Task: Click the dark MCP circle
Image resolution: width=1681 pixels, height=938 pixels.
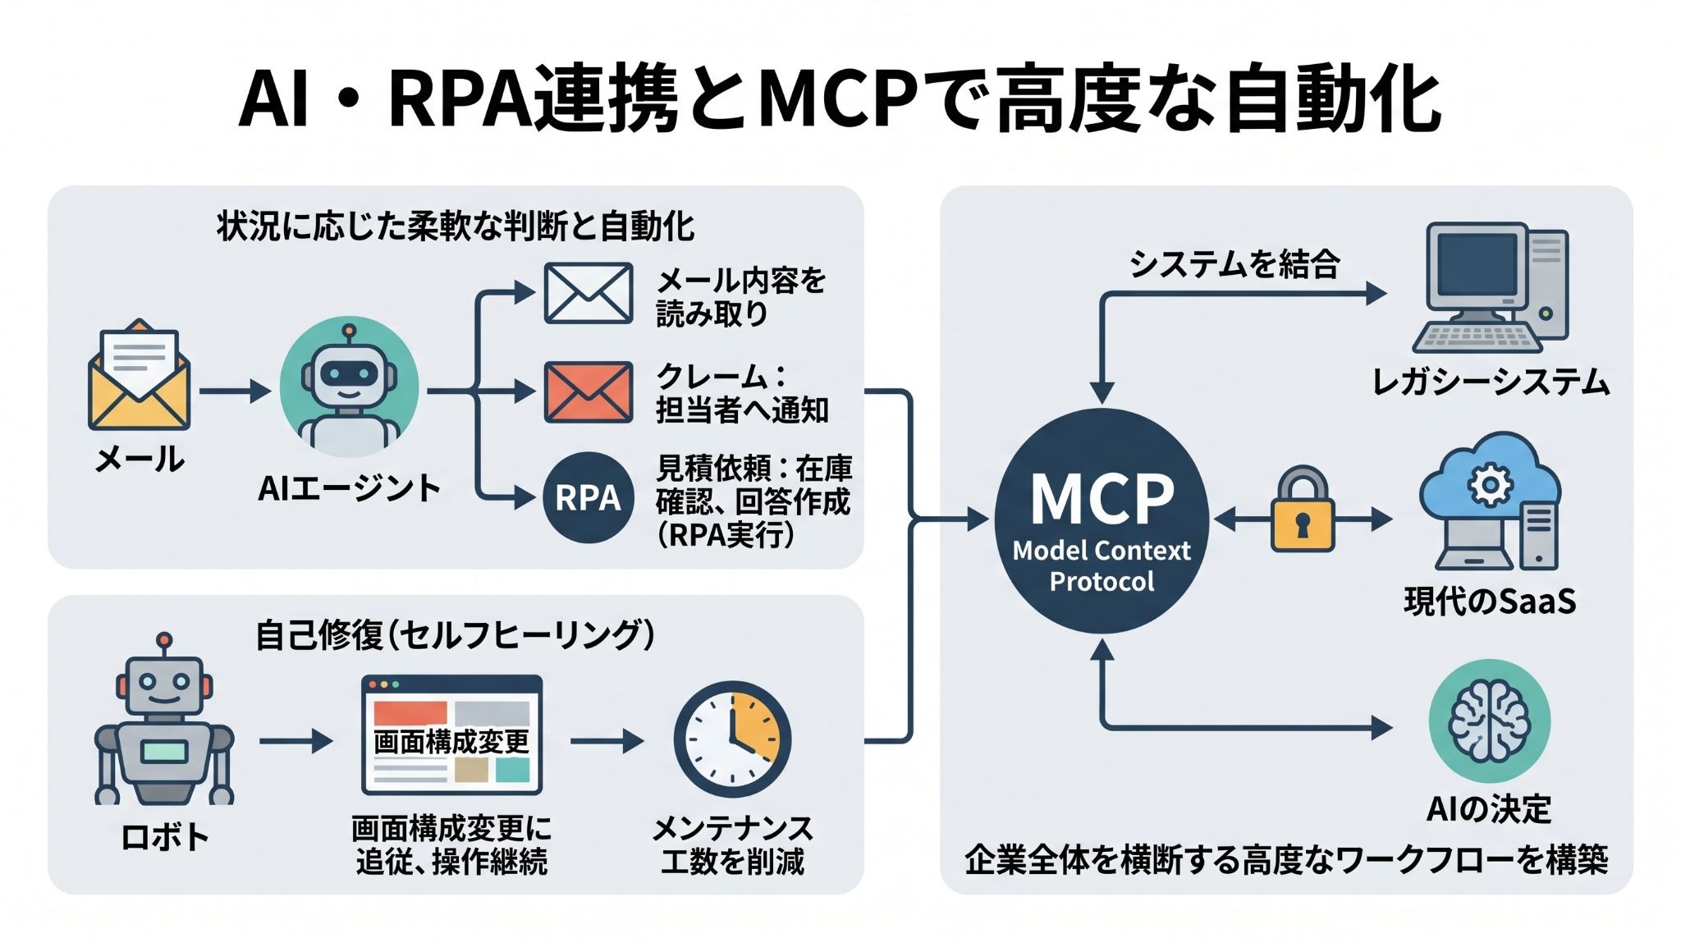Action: [x=1102, y=520]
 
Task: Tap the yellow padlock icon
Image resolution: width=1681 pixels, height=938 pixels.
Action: [x=1303, y=510]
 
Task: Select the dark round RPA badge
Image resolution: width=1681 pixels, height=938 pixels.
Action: [x=588, y=497]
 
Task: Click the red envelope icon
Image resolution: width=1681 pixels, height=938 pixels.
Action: [x=589, y=392]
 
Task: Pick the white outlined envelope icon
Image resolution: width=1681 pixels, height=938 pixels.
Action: [x=589, y=293]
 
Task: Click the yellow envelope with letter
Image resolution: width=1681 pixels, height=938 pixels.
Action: [x=140, y=375]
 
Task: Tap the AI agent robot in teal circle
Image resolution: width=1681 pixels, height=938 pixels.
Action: [x=349, y=387]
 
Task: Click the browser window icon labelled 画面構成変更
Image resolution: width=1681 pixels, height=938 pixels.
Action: [x=451, y=735]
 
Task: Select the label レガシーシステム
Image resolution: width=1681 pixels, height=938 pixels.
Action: [x=1491, y=383]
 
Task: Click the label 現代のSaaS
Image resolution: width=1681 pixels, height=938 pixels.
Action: [x=1490, y=602]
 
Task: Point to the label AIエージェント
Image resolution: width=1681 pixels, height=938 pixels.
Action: [x=350, y=488]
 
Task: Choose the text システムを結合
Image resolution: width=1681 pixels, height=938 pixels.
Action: [x=1234, y=264]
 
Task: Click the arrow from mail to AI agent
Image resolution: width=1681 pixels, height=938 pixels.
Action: [x=235, y=391]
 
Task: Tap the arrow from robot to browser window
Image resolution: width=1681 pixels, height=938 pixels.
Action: [x=296, y=742]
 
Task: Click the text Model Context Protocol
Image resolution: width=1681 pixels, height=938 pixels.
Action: [x=1102, y=565]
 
